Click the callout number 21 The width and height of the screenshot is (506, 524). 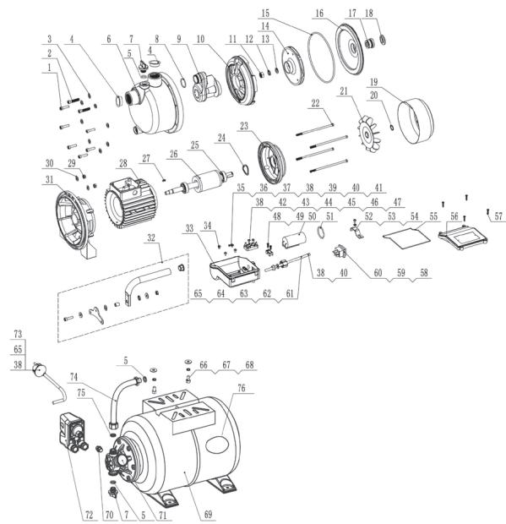367,90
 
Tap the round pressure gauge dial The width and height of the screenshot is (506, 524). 37,369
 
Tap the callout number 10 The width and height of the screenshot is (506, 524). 202,40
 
